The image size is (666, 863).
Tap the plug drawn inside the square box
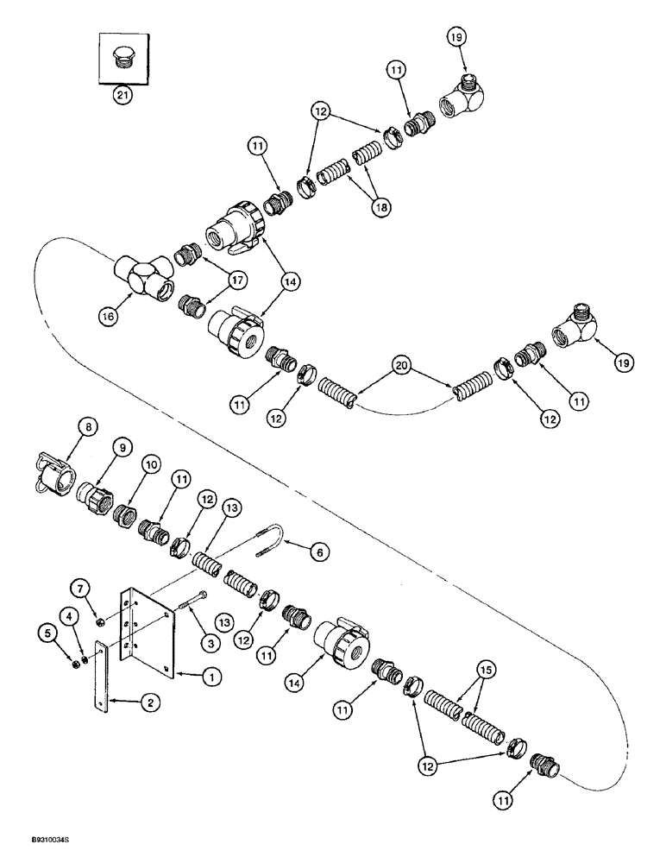[123, 58]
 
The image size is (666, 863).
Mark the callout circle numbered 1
[209, 678]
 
